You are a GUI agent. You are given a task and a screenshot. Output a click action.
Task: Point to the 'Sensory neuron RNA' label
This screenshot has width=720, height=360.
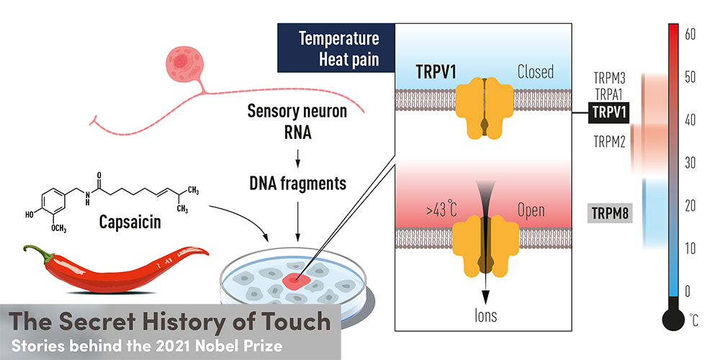coord(297,122)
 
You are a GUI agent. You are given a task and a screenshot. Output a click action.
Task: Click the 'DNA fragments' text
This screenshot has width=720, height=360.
coord(297,184)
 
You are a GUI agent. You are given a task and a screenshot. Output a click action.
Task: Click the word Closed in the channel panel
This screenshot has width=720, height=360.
coord(535,72)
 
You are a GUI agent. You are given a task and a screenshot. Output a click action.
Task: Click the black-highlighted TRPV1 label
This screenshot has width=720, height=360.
coord(609,112)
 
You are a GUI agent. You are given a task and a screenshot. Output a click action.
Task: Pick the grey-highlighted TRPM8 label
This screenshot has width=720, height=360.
coord(609,214)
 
